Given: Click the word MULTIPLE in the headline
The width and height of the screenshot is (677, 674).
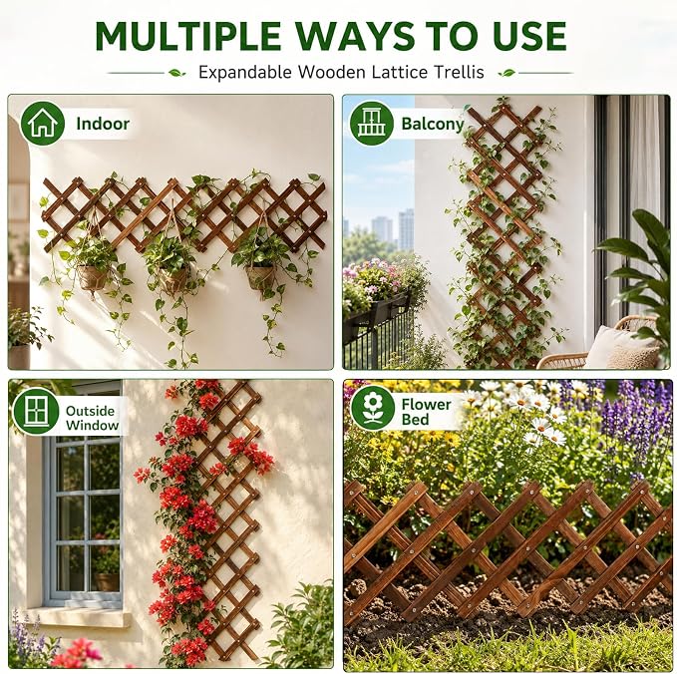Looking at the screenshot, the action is point(187,36).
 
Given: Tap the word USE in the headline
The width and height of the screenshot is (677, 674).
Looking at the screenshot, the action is point(528,36).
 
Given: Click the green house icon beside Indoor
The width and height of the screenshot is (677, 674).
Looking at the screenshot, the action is point(42,124).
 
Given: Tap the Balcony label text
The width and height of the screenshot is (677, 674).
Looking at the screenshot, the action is point(433,124).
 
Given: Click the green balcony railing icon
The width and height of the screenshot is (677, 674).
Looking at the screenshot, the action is point(371,124).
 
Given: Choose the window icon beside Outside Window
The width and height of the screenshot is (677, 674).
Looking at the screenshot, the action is point(36,411).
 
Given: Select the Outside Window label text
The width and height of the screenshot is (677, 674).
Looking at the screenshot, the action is point(93,418).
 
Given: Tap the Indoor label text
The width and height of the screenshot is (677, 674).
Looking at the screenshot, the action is point(103,124).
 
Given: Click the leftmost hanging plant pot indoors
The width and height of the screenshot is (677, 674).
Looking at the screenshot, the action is point(92,277).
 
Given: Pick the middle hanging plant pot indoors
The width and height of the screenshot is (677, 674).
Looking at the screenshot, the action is point(173,280).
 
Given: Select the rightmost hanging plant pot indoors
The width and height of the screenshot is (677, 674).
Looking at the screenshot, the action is point(259,277).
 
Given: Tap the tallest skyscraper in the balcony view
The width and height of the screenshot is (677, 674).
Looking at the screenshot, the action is point(406,229).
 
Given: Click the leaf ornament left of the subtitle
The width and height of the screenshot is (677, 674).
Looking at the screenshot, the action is point(176,73).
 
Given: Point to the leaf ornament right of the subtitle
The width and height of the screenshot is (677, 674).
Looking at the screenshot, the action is point(507,73).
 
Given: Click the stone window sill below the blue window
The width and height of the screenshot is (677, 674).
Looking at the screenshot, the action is point(78,616).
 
